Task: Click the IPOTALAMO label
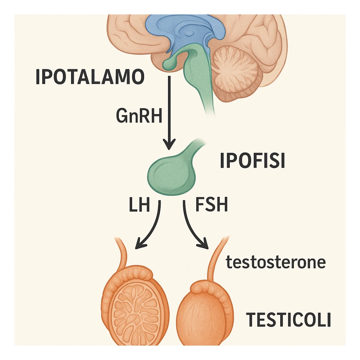tap(90, 77)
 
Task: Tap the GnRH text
tap(139, 115)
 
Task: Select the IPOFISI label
tap(252, 161)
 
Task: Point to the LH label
tap(139, 205)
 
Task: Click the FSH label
tap(211, 205)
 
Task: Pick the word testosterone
tap(276, 262)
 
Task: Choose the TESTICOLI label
tap(288, 320)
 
